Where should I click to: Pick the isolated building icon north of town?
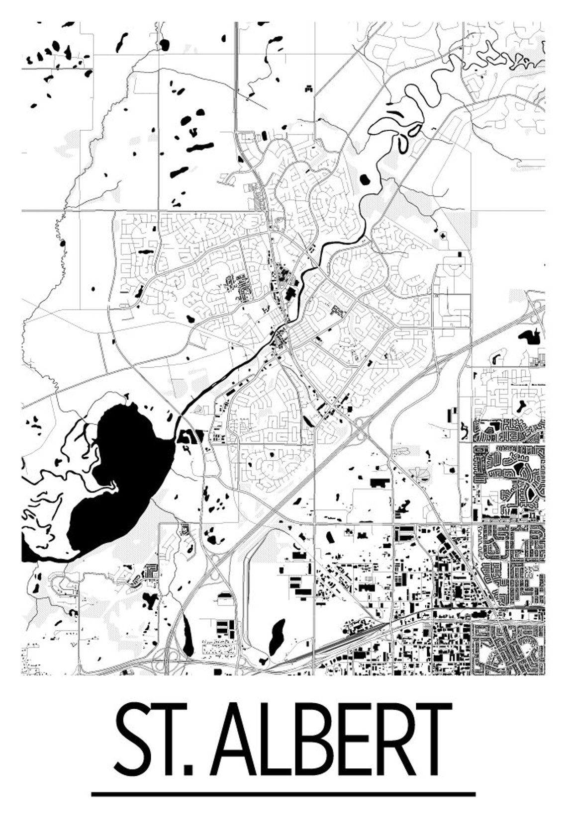click(x=308, y=89)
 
